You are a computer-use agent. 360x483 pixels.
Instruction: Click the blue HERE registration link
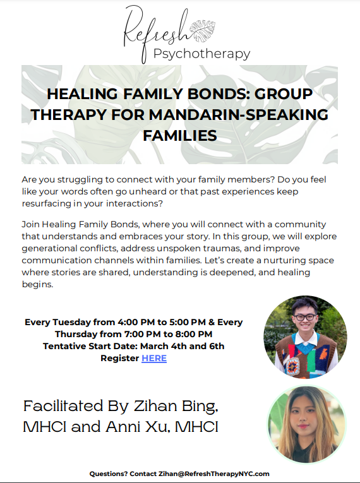[154, 358]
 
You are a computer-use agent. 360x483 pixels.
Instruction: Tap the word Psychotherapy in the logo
[201, 54]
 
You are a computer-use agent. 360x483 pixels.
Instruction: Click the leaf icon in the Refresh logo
[203, 31]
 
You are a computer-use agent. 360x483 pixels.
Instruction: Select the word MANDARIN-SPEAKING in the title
[239, 115]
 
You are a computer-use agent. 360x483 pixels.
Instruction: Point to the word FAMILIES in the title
[180, 136]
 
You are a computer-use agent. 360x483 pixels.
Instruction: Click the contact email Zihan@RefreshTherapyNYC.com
[214, 474]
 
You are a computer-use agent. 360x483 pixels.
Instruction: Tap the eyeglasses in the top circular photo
[304, 317]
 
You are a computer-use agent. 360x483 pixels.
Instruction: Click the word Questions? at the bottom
[108, 474]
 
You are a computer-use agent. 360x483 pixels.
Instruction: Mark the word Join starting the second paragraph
[30, 224]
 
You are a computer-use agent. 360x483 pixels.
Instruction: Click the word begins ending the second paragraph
[37, 285]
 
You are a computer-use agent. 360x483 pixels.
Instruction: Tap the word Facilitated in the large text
[63, 406]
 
